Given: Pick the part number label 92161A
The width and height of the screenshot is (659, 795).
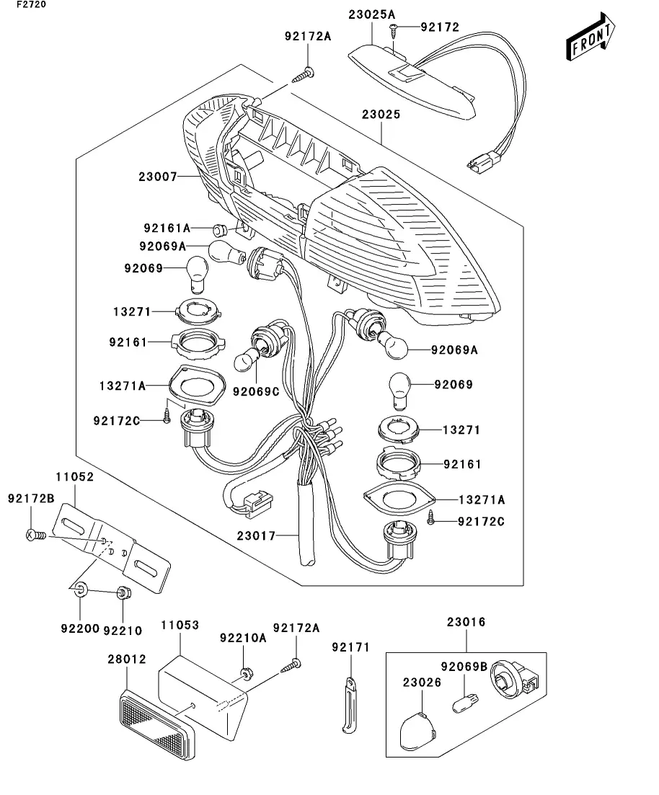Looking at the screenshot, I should tap(166, 228).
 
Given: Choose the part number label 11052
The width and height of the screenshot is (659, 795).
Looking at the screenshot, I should tap(74, 477).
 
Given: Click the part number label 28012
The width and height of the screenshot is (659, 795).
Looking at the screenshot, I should tap(127, 659).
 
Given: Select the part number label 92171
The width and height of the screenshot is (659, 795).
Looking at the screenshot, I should tap(350, 648).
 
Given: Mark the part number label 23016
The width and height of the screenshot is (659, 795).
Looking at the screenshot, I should tap(466, 622).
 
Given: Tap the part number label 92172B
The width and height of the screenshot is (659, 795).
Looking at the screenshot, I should tap(30, 498).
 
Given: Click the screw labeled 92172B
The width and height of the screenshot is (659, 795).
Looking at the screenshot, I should tap(35, 535).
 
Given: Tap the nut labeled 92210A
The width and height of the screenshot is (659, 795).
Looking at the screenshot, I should tap(246, 672).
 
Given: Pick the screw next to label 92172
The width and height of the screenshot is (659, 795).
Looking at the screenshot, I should tap(394, 28).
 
